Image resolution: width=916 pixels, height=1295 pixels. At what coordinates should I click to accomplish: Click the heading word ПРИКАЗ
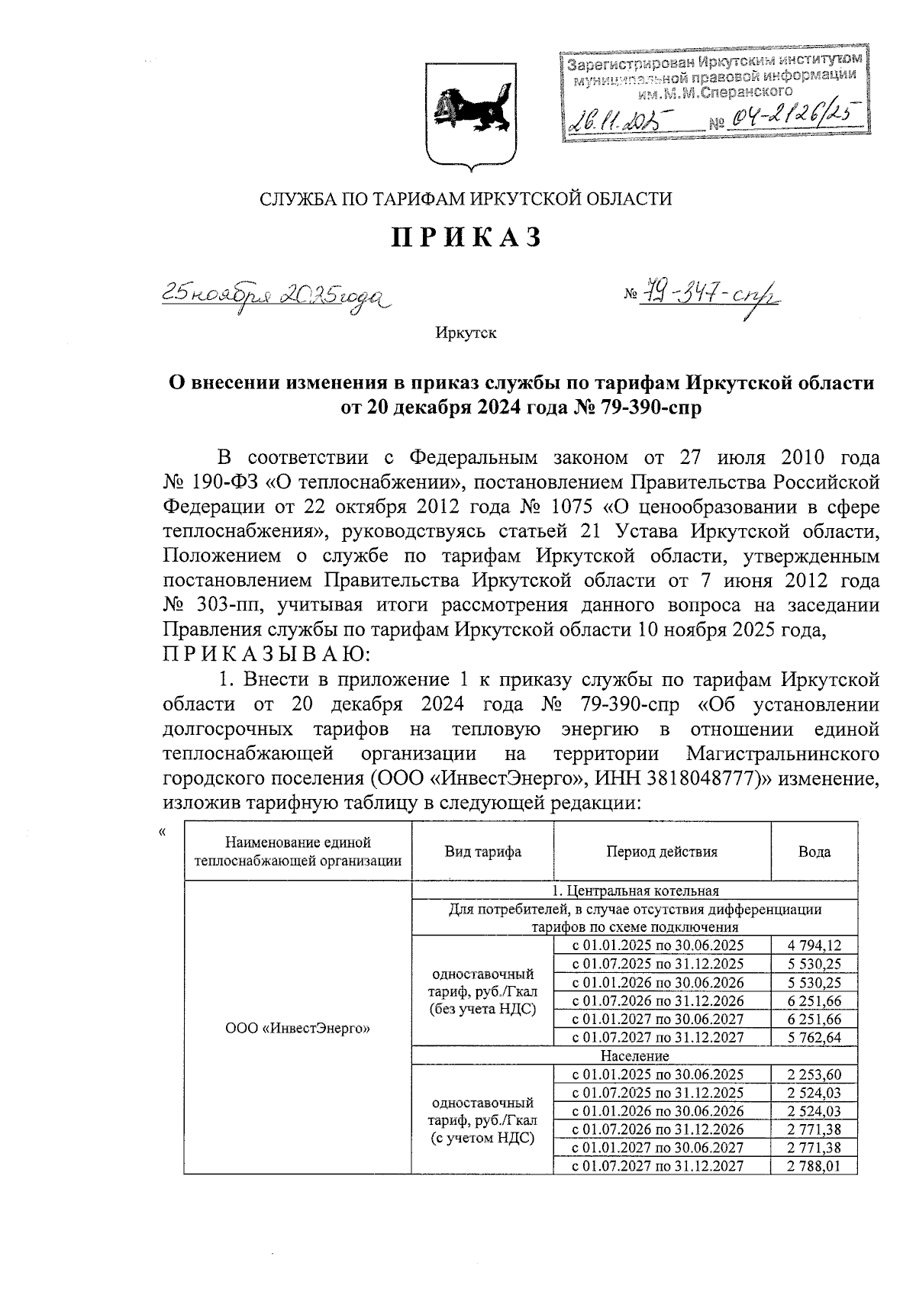pos(466,237)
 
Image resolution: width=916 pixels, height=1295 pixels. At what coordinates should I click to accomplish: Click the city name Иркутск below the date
pos(466,333)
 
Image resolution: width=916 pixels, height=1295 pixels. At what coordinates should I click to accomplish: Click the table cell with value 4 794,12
pos(814,945)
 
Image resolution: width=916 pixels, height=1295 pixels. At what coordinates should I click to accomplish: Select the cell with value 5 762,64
pos(814,1037)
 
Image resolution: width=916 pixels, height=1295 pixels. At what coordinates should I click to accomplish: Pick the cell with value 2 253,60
pos(814,1074)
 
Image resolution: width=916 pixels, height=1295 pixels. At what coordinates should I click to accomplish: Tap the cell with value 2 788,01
pos(814,1165)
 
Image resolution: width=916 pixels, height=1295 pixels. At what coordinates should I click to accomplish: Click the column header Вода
pos(814,852)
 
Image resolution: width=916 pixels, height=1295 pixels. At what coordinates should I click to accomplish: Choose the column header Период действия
pos(662,852)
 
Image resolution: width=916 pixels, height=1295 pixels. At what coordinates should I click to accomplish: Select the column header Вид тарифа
pos(482,852)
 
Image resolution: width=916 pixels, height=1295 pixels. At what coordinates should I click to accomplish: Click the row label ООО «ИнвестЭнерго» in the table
pos(298,1028)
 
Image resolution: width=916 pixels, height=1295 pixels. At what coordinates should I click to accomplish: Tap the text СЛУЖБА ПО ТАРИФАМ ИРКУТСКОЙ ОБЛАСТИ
pos(466,199)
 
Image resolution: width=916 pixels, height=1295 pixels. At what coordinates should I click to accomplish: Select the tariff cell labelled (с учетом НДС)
pos(482,1139)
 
